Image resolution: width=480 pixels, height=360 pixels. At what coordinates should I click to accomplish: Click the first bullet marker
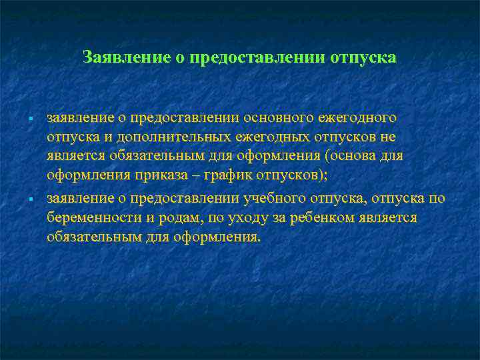[31, 119]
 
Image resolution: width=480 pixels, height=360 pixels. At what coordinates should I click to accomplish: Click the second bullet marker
[31, 199]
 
